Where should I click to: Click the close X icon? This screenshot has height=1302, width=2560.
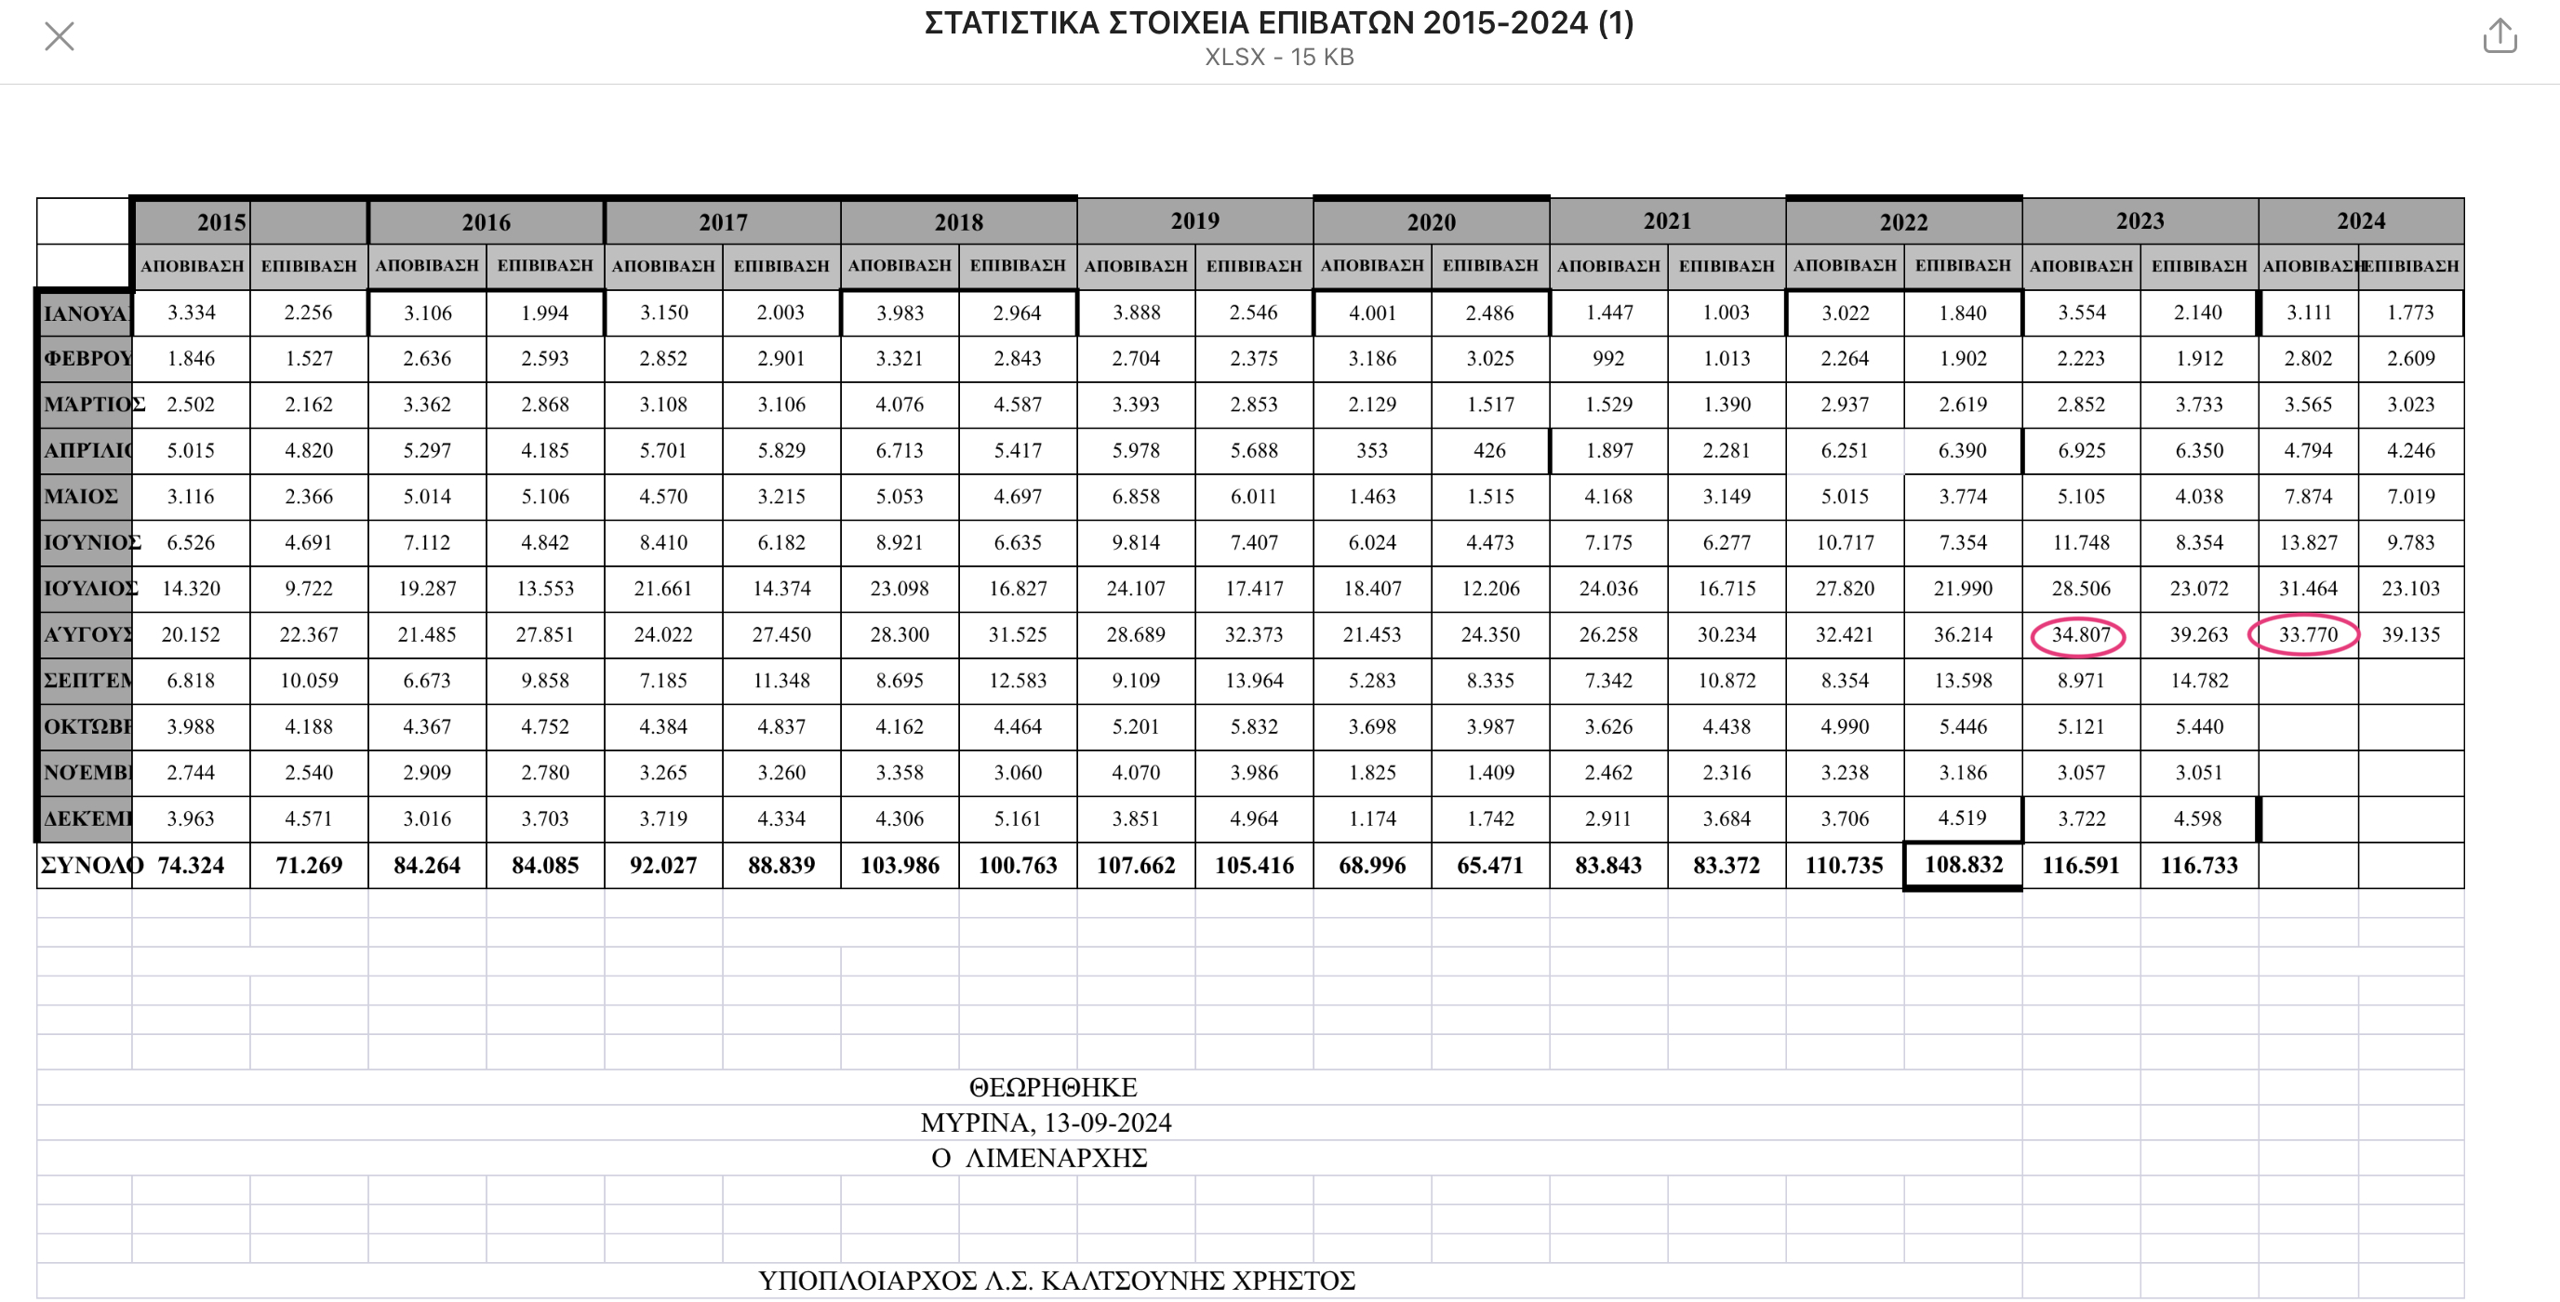pyautogui.click(x=60, y=37)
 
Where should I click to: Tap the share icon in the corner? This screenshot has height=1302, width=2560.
pyautogui.click(x=2500, y=35)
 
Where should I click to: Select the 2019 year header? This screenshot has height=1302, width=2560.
pyautogui.click(x=1194, y=220)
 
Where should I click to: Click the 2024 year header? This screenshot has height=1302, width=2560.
pyautogui.click(x=2360, y=220)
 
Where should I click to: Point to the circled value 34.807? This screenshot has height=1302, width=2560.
pyautogui.click(x=2079, y=635)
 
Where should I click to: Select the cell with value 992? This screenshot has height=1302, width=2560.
pyautogui.click(x=1608, y=359)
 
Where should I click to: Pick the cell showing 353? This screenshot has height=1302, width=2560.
pyautogui.click(x=1371, y=450)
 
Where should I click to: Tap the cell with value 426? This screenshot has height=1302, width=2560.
pyautogui.click(x=1488, y=450)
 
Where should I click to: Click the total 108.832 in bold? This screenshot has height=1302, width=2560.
pyautogui.click(x=1963, y=865)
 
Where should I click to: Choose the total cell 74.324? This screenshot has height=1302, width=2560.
pyautogui.click(x=191, y=866)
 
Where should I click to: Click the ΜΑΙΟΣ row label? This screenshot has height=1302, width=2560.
pyautogui.click(x=82, y=496)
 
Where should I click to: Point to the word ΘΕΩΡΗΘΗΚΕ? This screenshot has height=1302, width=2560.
pyautogui.click(x=1052, y=1087)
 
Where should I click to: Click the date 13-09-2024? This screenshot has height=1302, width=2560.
pyautogui.click(x=1108, y=1123)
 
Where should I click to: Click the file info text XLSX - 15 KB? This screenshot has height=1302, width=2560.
pyautogui.click(x=1279, y=58)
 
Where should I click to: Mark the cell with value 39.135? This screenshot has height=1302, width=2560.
pyautogui.click(x=2410, y=635)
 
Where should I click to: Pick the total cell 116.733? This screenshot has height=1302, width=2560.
pyautogui.click(x=2198, y=866)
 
